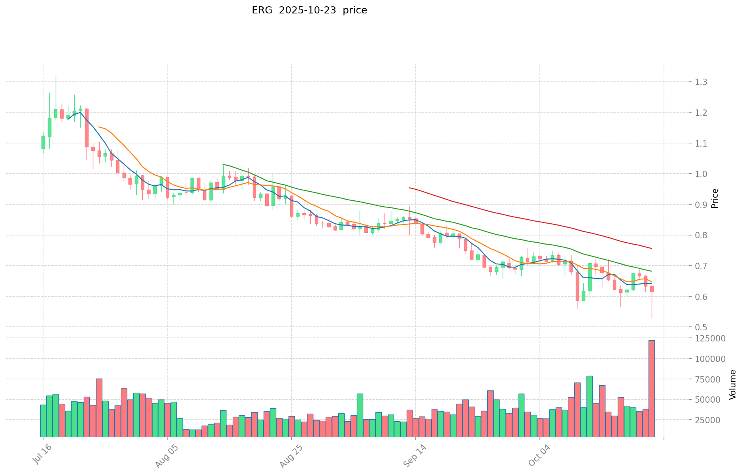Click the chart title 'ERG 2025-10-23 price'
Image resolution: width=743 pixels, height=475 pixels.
309,10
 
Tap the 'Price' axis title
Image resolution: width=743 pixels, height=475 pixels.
715,198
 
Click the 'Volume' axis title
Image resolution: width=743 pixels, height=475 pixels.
733,385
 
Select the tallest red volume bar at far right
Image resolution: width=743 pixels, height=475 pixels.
651,388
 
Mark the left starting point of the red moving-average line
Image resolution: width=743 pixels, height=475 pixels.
409,188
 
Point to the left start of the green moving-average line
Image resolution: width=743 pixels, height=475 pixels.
223,164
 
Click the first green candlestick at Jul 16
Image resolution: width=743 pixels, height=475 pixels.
43,142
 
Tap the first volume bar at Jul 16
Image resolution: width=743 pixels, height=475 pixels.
43,420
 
